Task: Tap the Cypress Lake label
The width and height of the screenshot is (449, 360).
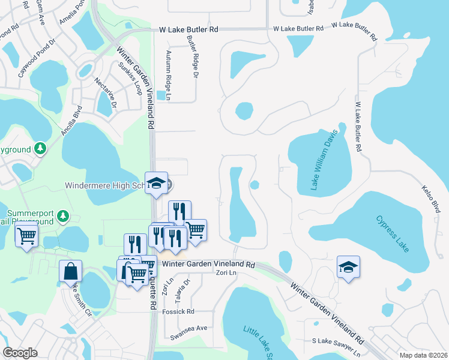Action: click(x=394, y=233)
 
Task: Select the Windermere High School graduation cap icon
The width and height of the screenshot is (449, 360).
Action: click(x=156, y=184)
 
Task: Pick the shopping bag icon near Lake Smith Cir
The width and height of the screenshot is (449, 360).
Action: click(x=70, y=271)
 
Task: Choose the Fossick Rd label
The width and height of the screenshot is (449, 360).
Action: click(x=182, y=312)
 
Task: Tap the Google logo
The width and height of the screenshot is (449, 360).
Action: click(x=19, y=353)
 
